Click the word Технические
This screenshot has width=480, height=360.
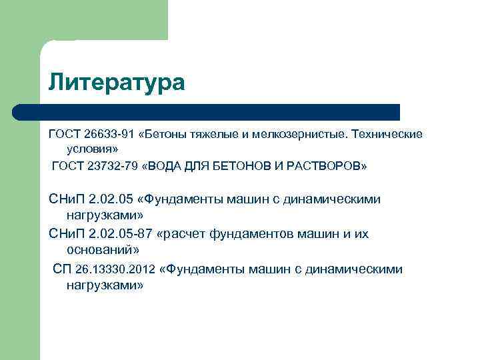pyautogui.click(x=386, y=135)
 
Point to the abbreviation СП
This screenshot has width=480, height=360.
pyautogui.click(x=62, y=269)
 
